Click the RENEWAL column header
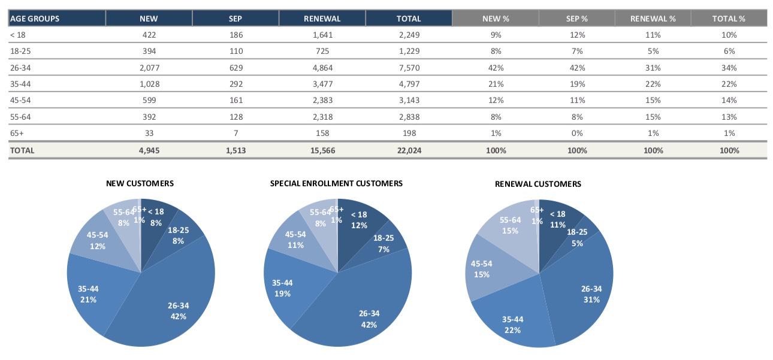point(322,19)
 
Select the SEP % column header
point(577,19)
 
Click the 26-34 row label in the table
point(21,68)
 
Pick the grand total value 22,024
point(409,150)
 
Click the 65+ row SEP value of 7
point(235,133)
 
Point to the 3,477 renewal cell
point(322,84)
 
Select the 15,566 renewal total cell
point(322,150)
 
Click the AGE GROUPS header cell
point(35,19)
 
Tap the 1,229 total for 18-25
point(409,52)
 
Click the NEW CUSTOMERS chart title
point(140,183)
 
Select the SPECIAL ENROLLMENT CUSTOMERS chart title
point(336,183)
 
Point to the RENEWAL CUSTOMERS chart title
point(538,184)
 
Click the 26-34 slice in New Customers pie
point(174,300)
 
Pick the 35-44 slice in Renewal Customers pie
point(512,320)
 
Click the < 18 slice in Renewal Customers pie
point(557,219)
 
